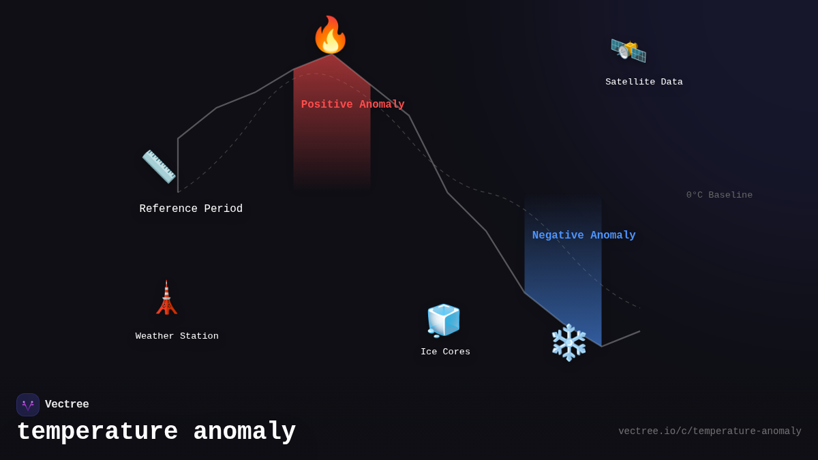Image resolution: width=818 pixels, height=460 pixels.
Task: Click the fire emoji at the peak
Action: tap(330, 35)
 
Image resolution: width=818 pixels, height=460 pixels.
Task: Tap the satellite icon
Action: tap(628, 50)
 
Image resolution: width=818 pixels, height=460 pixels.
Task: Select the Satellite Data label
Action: tap(643, 82)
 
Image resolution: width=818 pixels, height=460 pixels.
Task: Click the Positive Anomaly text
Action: tap(353, 104)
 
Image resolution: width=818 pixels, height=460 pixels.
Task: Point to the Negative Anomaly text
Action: tap(584, 235)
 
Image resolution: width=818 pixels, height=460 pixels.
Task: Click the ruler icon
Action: tap(159, 166)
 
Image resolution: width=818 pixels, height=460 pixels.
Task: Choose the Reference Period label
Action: tap(191, 209)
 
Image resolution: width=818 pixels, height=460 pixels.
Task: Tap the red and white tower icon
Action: tap(166, 298)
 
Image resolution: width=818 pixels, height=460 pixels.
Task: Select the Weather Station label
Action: tap(177, 336)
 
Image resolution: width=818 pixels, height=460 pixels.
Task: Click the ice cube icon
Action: tap(444, 320)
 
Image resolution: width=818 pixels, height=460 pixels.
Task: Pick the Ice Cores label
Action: tap(445, 352)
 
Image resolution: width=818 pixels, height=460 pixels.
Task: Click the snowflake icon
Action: tap(569, 342)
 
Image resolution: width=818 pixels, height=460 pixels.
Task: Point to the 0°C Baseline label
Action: tap(719, 195)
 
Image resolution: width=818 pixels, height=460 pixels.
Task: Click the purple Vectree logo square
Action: tap(28, 405)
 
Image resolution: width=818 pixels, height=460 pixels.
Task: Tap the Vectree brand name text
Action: tap(67, 404)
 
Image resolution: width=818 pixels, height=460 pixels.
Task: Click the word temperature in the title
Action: tap(97, 432)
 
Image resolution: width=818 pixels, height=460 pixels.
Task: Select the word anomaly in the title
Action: tap(244, 432)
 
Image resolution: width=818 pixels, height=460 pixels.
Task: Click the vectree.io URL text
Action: tap(710, 431)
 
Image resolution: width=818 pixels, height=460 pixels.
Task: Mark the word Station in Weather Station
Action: tap(199, 336)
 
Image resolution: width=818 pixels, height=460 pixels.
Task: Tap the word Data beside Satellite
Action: tap(671, 82)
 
